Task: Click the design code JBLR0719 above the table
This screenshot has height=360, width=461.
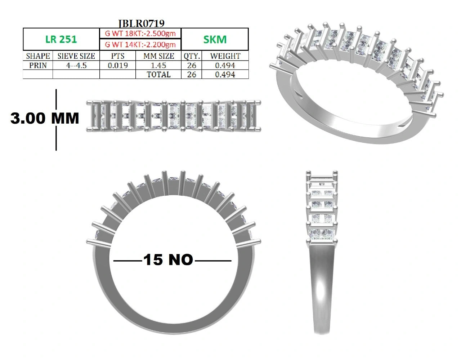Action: [x=141, y=23]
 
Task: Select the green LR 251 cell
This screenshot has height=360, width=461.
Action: [x=61, y=40]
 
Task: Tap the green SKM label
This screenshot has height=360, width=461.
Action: [x=215, y=40]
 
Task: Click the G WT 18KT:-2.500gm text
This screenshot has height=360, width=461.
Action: [x=140, y=34]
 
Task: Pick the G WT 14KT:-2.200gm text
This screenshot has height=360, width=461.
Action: [x=140, y=45]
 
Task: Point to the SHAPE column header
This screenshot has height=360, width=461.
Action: [x=38, y=56]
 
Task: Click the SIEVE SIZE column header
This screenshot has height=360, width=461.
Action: [x=76, y=56]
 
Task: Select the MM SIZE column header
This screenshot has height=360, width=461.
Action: [x=159, y=56]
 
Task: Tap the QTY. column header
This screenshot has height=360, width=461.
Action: [x=192, y=56]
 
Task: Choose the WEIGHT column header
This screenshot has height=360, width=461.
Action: [x=225, y=56]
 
